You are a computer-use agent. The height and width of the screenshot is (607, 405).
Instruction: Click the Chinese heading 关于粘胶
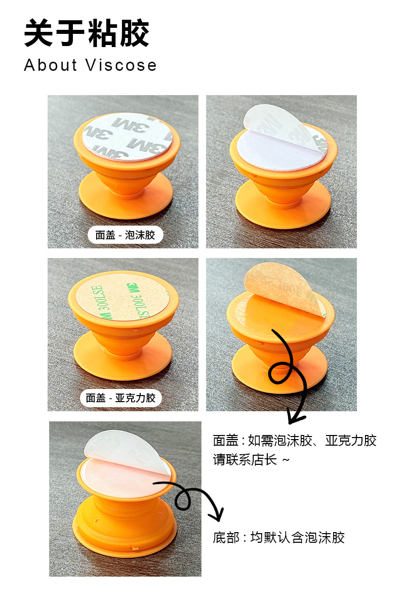click(x=87, y=34)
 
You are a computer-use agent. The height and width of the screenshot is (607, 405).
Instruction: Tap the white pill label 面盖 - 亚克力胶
click(x=120, y=398)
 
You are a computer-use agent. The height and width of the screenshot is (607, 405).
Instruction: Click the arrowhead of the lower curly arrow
click(x=218, y=515)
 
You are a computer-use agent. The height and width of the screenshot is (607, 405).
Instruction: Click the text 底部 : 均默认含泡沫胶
click(x=279, y=537)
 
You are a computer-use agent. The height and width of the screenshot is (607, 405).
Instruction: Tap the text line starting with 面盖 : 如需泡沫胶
click(x=295, y=441)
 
